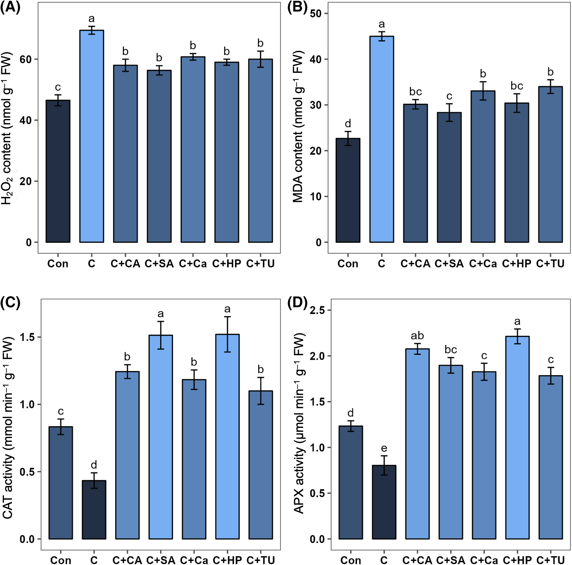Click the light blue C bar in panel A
92,136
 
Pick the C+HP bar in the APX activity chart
517,438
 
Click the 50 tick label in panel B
316,14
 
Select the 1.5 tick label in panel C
27,337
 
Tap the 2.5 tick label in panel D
317,310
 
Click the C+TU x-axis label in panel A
260,264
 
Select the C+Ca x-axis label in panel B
483,264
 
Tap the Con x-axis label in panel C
61,560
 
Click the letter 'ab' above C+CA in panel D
417,335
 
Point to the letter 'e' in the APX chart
384,448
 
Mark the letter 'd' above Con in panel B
348,123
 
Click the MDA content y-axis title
298,127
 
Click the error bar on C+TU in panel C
261,391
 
